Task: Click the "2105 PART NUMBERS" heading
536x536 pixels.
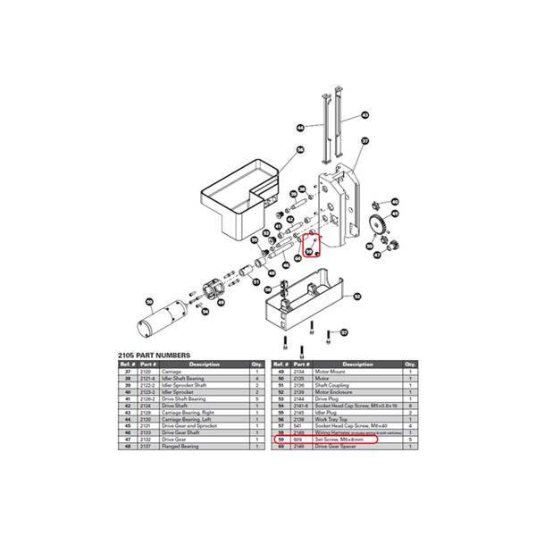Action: point(155,355)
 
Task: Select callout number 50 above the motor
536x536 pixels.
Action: point(150,301)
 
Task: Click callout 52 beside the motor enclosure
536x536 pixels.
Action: point(355,296)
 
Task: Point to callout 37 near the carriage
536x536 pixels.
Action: point(364,141)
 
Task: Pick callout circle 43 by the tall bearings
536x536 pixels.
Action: point(364,114)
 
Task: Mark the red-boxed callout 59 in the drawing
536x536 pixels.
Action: point(312,252)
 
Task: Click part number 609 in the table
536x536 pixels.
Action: point(298,440)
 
